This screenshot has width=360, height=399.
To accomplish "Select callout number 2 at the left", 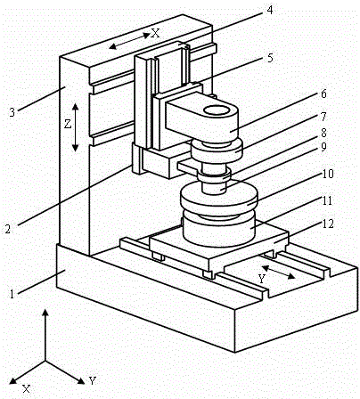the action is [x=8, y=229].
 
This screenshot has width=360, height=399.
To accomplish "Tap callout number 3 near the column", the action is [x=12, y=113].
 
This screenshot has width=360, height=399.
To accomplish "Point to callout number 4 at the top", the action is [x=269, y=10].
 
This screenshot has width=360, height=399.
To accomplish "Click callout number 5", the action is [x=270, y=58].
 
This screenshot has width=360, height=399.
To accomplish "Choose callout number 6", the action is [x=323, y=94].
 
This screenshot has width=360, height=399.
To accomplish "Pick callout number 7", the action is [x=323, y=117].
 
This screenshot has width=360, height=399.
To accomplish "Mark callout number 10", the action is [x=328, y=174].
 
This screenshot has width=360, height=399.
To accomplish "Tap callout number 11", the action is [x=327, y=201].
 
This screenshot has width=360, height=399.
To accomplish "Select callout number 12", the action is [x=328, y=224].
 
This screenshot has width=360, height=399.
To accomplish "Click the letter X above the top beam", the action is [x=155, y=33].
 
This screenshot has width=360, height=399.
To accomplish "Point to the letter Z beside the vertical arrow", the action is [x=68, y=124].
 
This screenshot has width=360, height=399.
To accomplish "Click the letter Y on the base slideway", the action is [x=261, y=279].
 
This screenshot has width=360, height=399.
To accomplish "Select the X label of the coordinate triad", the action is [x=27, y=388].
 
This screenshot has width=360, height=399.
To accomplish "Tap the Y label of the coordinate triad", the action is [x=93, y=380].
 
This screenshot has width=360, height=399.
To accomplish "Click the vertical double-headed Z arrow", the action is [x=75, y=127].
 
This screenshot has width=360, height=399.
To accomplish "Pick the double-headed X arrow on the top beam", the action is [x=129, y=41].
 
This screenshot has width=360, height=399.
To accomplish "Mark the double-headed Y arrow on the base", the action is [x=278, y=273].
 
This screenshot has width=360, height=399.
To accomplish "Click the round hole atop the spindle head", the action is [x=217, y=110].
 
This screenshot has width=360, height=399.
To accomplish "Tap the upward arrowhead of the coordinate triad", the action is [x=45, y=313].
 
